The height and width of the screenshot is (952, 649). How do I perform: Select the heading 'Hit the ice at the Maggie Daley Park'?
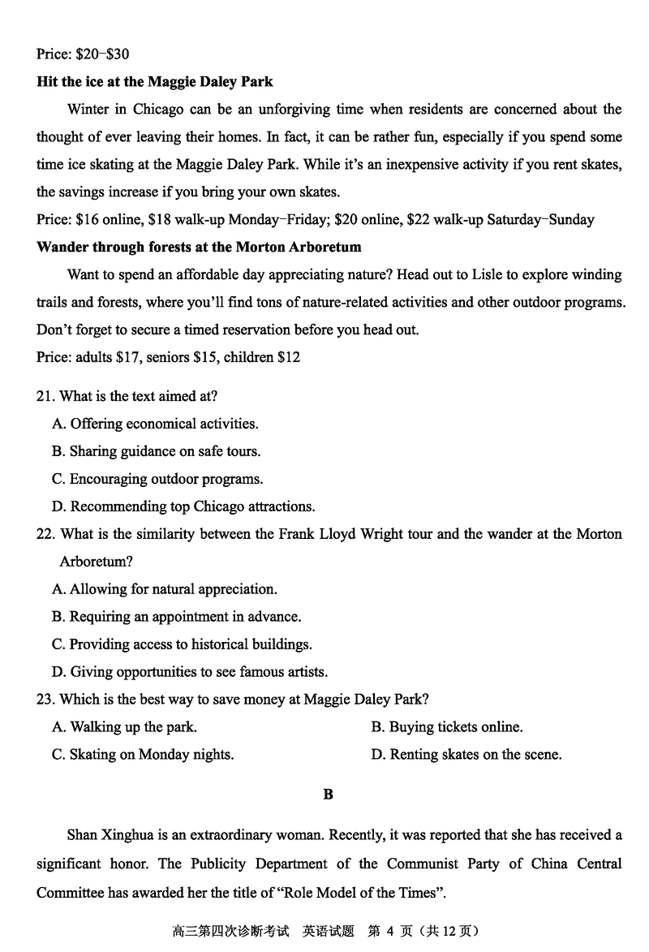coord(154,82)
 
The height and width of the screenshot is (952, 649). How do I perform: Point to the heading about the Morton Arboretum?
coord(199,248)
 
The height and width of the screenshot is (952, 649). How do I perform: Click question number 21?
coord(45,396)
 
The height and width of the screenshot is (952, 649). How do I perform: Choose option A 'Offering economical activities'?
coord(155,424)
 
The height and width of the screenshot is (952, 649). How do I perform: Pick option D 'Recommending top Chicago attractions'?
coord(183,506)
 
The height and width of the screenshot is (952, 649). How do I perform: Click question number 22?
coord(45,534)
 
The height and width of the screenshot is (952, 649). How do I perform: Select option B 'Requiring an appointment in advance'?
coord(176,617)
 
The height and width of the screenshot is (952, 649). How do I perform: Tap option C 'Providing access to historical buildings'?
coord(182,644)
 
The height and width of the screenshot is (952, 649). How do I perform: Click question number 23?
coord(45,700)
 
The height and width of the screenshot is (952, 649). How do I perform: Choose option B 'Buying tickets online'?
coord(447,727)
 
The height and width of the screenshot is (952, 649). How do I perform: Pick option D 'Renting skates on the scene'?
coord(466,755)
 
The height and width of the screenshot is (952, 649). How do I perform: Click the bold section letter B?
coord(328,795)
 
